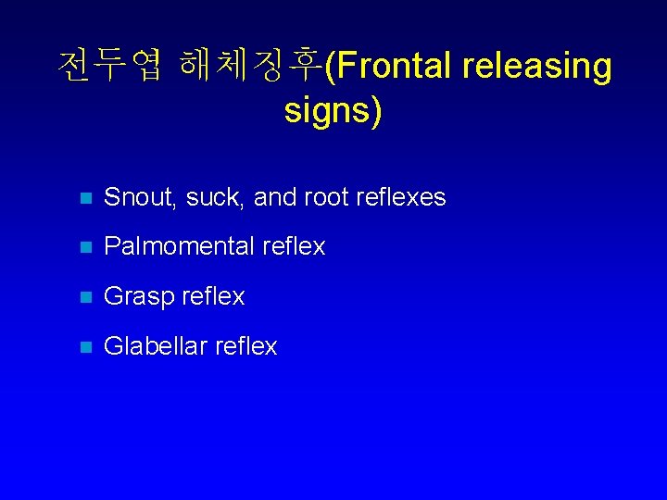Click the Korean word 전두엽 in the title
(110, 67)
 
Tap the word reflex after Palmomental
(294, 246)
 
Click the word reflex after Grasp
(212, 296)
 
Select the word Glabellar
(155, 346)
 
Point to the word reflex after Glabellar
(245, 346)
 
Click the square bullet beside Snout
(84, 198)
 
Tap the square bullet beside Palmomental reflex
(84, 247)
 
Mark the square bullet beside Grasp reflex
(84, 297)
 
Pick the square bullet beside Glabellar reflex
(84, 347)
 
